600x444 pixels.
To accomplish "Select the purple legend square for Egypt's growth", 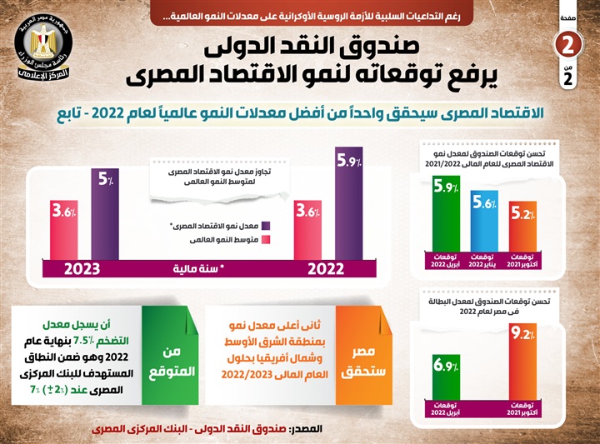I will point(265,225).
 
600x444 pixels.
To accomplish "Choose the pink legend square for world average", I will point(265,240).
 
